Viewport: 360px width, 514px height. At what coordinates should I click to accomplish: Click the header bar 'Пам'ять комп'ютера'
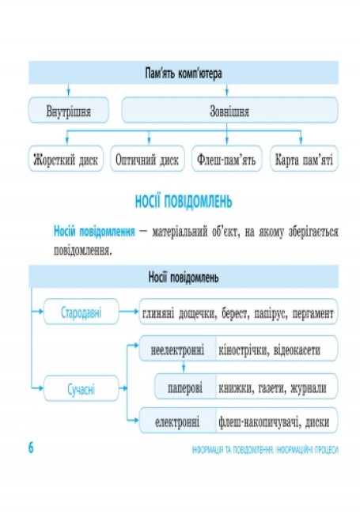pos(184,73)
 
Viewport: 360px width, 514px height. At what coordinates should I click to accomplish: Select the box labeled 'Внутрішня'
pos(69,110)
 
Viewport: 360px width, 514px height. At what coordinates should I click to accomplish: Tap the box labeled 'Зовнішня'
pos(229,110)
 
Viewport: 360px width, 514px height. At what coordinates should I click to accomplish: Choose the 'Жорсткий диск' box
pos(66,159)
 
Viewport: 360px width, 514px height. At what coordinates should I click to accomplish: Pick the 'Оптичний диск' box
pos(147,159)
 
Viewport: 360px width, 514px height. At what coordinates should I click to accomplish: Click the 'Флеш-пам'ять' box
pos(226,159)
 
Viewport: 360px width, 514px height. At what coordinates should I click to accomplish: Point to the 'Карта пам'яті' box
pos(304,159)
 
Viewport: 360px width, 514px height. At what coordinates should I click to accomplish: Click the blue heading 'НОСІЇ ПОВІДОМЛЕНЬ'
pos(184,202)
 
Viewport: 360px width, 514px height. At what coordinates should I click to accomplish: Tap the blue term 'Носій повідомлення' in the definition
pos(94,232)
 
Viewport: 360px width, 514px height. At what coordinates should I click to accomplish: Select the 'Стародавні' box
pos(81,312)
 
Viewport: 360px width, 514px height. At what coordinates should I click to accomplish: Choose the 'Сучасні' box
pos(81,388)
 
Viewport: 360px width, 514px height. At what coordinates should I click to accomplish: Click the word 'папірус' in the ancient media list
pos(270,313)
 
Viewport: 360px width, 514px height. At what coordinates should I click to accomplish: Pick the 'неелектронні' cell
pos(177,349)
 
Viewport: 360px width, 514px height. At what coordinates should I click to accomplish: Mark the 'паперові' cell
pos(185,387)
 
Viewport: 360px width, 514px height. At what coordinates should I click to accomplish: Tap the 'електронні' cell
pos(177,421)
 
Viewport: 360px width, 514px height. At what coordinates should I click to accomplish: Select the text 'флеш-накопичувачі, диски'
pos(274,422)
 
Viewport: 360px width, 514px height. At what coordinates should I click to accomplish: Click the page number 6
pos(31,448)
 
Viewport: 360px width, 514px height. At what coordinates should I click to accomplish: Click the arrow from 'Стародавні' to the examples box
pos(129,312)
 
